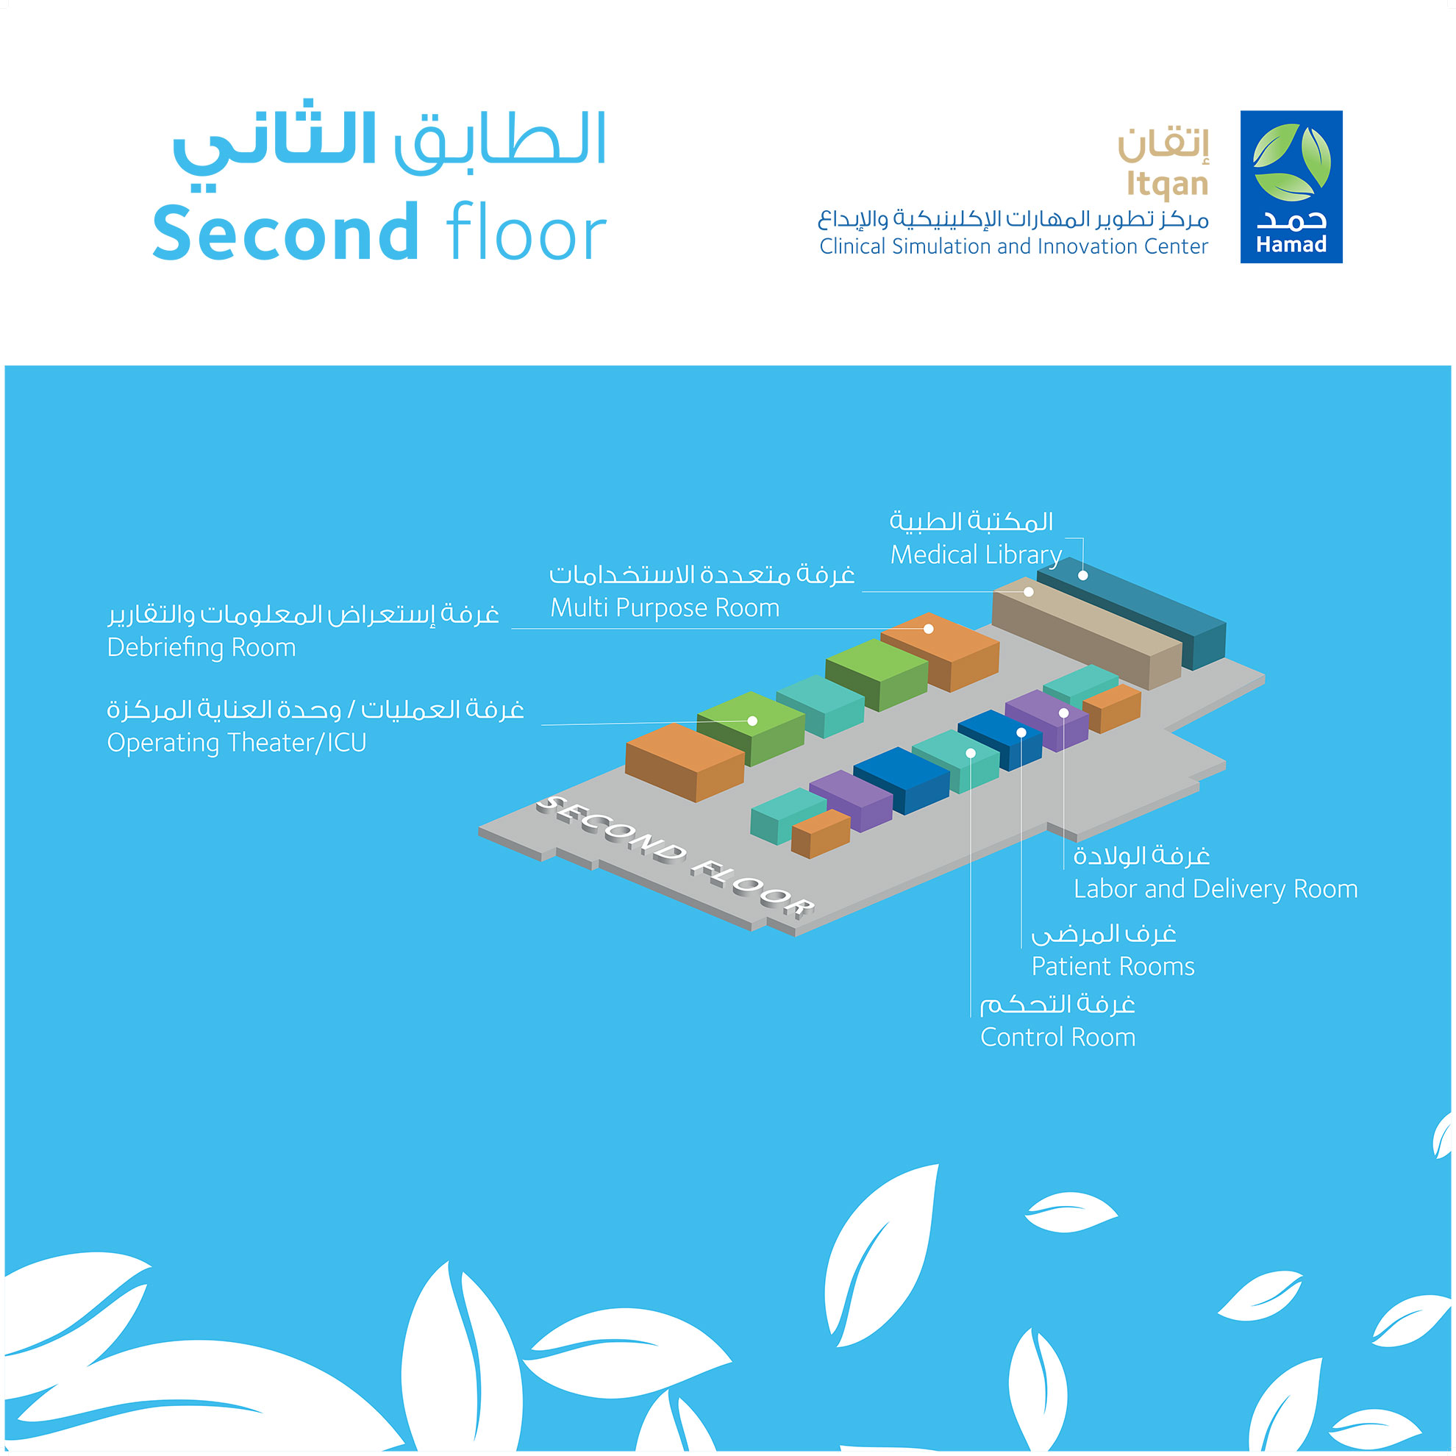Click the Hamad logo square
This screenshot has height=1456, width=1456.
click(1291, 187)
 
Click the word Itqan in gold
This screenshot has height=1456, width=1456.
click(1167, 184)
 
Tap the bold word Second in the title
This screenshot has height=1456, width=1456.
click(285, 232)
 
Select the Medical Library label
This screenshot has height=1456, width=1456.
click(976, 554)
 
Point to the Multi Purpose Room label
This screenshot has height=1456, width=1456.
click(665, 607)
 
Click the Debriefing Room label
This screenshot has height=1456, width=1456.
click(201, 647)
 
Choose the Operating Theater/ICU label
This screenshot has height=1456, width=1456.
click(237, 742)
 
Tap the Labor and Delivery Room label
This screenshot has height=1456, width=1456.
click(1216, 889)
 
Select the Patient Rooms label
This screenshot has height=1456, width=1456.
click(1113, 966)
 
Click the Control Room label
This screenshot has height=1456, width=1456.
click(1057, 1037)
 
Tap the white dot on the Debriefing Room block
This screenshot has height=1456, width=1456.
click(929, 629)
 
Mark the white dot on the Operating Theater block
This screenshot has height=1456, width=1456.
click(752, 721)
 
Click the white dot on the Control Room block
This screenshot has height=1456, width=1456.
click(971, 753)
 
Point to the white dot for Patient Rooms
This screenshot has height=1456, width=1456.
click(1021, 732)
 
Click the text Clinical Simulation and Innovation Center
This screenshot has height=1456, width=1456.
click(1013, 246)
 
